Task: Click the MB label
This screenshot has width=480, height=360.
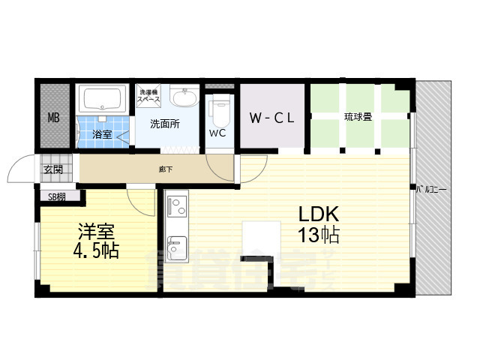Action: tap(54, 118)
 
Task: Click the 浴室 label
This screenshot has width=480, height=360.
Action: tap(102, 135)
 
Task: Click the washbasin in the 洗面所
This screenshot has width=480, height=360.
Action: tap(184, 98)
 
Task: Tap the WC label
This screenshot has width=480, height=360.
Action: tap(217, 133)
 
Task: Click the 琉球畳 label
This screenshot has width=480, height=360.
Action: tap(358, 117)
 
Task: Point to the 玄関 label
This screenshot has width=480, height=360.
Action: tap(52, 169)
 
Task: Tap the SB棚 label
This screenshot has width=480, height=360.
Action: tap(57, 197)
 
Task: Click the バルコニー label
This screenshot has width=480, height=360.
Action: tap(432, 190)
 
